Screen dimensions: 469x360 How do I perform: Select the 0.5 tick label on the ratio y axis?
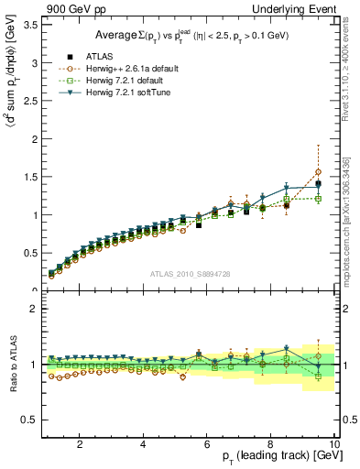(30, 420)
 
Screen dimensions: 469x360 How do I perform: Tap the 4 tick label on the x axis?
(143, 444)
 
